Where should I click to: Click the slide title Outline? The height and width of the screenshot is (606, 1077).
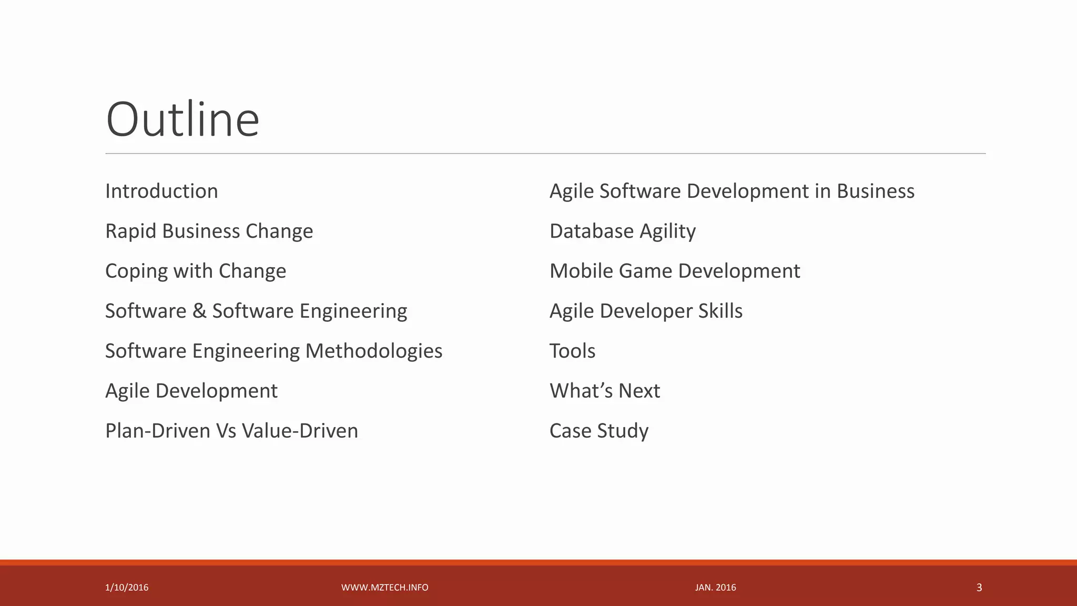click(x=182, y=120)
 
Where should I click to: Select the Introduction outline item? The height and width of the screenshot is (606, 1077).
click(x=161, y=191)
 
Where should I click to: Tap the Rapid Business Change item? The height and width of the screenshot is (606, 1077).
click(x=209, y=231)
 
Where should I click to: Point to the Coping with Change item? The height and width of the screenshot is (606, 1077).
click(x=196, y=271)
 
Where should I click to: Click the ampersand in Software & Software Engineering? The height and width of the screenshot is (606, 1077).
click(x=199, y=311)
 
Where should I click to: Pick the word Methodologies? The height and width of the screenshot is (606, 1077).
click(x=374, y=351)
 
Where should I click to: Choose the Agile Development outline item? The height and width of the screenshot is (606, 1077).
click(x=191, y=391)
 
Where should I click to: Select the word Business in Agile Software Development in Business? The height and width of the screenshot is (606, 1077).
click(x=876, y=191)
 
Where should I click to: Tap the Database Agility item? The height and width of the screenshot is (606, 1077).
click(x=623, y=231)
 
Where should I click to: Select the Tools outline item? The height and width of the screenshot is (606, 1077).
click(x=572, y=351)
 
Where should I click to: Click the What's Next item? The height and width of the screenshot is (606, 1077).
click(x=605, y=391)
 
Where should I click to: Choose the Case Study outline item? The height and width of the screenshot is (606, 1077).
click(x=599, y=431)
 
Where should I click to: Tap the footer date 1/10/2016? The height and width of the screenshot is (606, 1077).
click(x=127, y=588)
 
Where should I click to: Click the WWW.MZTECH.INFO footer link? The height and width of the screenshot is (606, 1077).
click(x=384, y=588)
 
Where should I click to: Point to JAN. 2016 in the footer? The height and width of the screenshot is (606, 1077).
click(x=715, y=588)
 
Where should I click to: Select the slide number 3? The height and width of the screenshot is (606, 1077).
click(x=979, y=588)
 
